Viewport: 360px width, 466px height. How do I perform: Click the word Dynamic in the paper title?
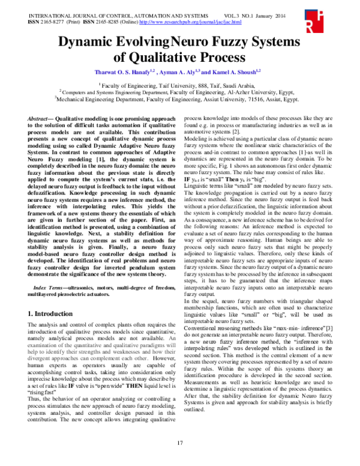pyautogui.click(x=91, y=43)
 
